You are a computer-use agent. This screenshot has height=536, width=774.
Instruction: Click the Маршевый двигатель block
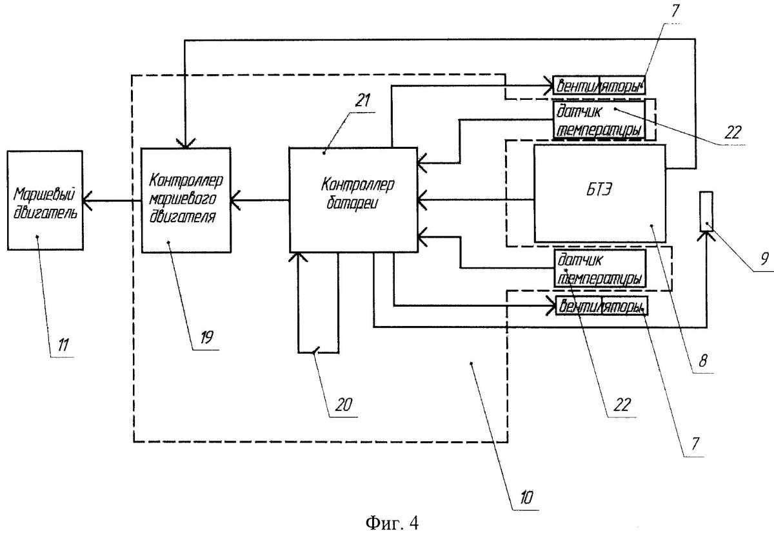pyautogui.click(x=45, y=200)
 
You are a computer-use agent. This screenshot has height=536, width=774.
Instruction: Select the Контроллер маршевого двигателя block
pyautogui.click(x=185, y=200)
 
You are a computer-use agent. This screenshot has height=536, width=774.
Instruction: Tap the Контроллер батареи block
pyautogui.click(x=352, y=199)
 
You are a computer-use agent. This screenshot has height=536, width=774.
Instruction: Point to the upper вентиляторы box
pyautogui.click(x=599, y=84)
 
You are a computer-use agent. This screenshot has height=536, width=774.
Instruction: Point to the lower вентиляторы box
pyautogui.click(x=602, y=307)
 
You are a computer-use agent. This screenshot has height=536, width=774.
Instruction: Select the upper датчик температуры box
pyautogui.click(x=599, y=120)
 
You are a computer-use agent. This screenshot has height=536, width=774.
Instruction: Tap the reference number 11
pyautogui.click(x=64, y=345)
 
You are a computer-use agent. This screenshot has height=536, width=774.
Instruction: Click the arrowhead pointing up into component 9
pyautogui.click(x=706, y=236)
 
